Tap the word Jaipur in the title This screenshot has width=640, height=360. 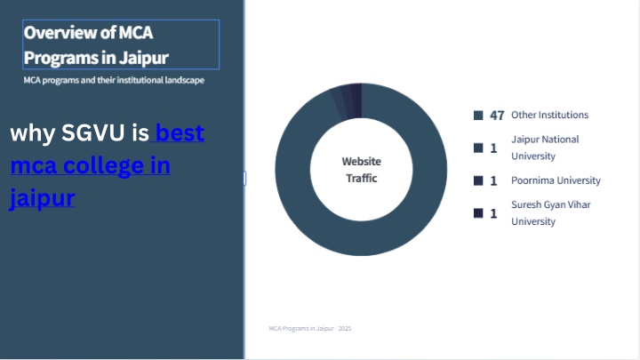pos(144,58)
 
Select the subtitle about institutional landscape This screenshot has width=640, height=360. pos(114,80)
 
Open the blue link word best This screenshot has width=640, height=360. pos(180,132)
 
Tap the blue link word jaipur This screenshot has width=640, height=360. pos(42,198)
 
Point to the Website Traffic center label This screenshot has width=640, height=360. pos(362,170)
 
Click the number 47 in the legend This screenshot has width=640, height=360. pos(497,116)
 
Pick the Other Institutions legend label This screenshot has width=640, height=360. pos(549,115)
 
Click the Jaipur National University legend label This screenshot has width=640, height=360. pos(545,148)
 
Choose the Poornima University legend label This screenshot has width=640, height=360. pos(556,180)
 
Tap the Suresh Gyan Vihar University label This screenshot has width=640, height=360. pos(550,213)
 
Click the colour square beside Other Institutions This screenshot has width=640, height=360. pos(478,115)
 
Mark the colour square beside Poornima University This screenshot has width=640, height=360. pos(478,180)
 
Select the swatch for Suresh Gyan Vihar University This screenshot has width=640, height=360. pos(478,213)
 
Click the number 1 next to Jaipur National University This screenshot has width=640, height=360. pos(493,148)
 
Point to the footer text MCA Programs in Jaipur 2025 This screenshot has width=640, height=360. pos(310,329)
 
